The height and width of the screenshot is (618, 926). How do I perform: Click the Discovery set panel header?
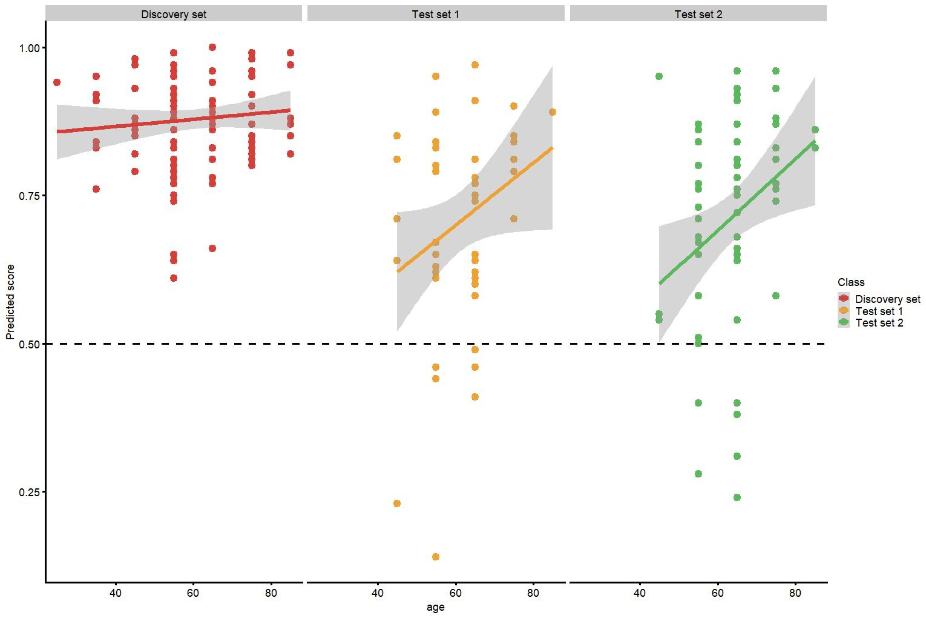(174, 14)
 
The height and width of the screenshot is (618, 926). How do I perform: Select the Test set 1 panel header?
(435, 14)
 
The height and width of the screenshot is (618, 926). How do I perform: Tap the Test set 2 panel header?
(698, 14)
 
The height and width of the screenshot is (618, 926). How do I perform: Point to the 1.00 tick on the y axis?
(28, 48)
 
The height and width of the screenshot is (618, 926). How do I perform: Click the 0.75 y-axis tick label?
(28, 196)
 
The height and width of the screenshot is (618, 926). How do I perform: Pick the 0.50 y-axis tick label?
(28, 344)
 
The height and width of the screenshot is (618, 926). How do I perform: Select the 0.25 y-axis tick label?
(28, 492)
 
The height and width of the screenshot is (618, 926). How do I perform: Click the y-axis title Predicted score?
(10, 301)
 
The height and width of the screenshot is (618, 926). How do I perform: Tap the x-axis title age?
(435, 607)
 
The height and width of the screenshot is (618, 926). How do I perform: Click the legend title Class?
(851, 282)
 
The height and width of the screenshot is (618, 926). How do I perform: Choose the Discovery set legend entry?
(887, 299)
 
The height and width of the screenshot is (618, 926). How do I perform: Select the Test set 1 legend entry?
(879, 311)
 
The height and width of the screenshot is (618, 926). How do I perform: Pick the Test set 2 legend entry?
(879, 324)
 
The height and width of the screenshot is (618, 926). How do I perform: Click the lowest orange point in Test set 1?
(436, 557)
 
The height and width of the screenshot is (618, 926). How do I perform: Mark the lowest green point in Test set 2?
(737, 497)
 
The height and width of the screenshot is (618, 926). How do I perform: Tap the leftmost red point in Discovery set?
(57, 82)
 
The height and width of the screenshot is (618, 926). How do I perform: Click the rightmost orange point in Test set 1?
(553, 112)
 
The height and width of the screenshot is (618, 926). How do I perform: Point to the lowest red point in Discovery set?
(174, 278)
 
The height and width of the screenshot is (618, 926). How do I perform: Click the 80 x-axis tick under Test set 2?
(795, 593)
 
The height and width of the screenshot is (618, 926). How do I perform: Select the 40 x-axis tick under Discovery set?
(116, 593)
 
